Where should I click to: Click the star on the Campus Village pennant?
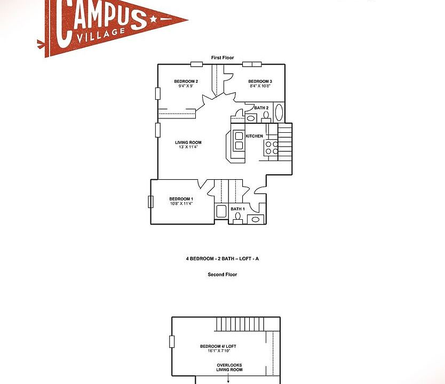click(x=154, y=20)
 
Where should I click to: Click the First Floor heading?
click(x=222, y=58)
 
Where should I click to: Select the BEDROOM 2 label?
click(x=186, y=82)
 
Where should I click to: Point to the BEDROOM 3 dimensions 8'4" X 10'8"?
click(x=260, y=86)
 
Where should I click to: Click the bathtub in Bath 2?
click(x=279, y=113)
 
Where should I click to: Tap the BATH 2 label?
click(x=261, y=108)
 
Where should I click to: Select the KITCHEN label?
click(x=254, y=136)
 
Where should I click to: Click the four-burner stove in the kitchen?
click(x=272, y=147)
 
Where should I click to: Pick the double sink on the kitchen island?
click(x=239, y=141)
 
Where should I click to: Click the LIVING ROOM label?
click(x=188, y=142)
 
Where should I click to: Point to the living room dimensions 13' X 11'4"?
click(x=188, y=147)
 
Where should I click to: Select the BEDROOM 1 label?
click(x=181, y=199)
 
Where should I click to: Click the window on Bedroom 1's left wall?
click(x=150, y=202)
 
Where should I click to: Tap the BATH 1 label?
click(x=237, y=209)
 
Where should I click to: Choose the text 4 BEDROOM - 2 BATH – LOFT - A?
click(x=222, y=259)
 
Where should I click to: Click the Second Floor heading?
click(x=222, y=275)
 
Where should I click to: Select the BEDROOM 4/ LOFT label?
click(x=218, y=346)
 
